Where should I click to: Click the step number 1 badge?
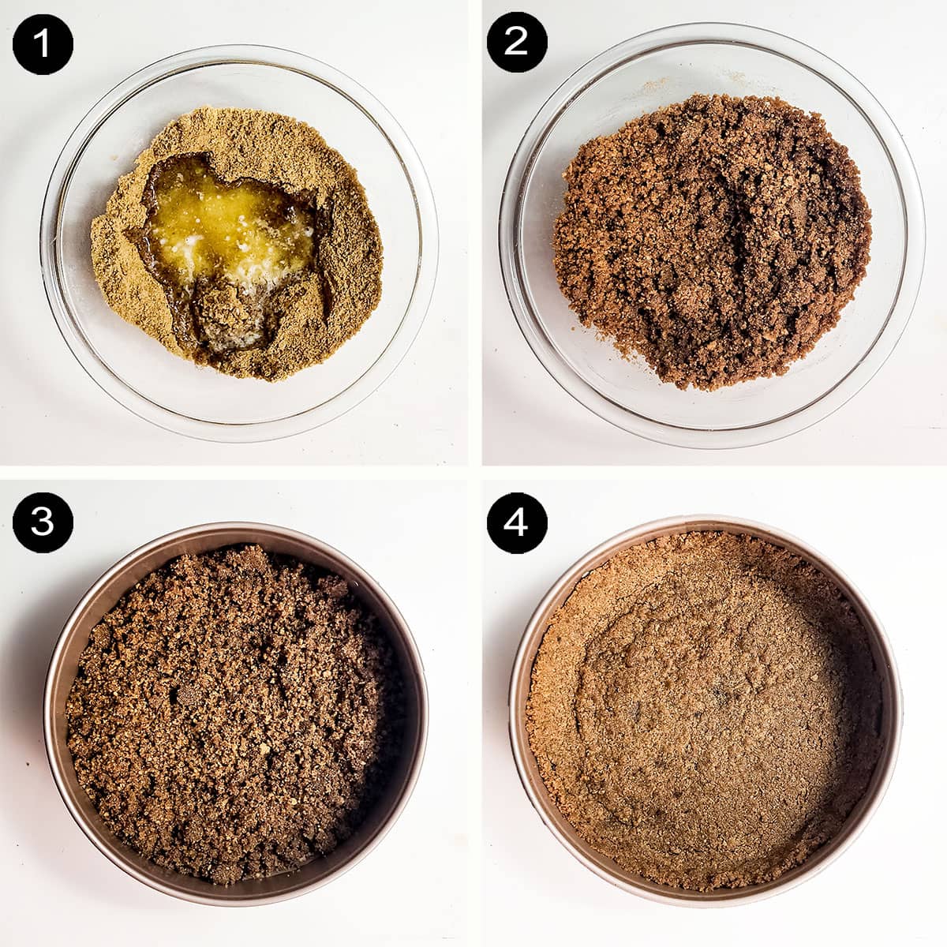pyautogui.click(x=43, y=43)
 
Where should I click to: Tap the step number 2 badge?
pyautogui.click(x=516, y=43)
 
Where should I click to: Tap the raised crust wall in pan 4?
pyautogui.click(x=552, y=710)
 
